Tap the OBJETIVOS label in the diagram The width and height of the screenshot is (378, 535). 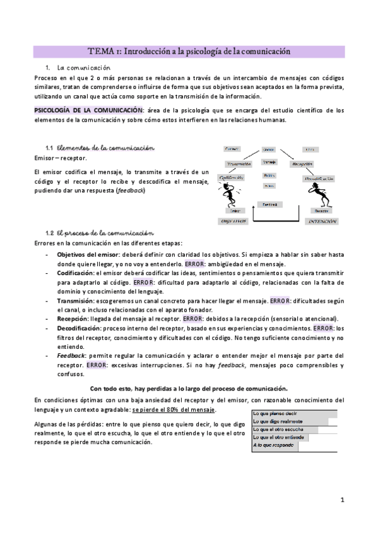tap(232, 221)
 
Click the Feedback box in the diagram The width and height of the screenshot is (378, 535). tap(269, 204)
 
